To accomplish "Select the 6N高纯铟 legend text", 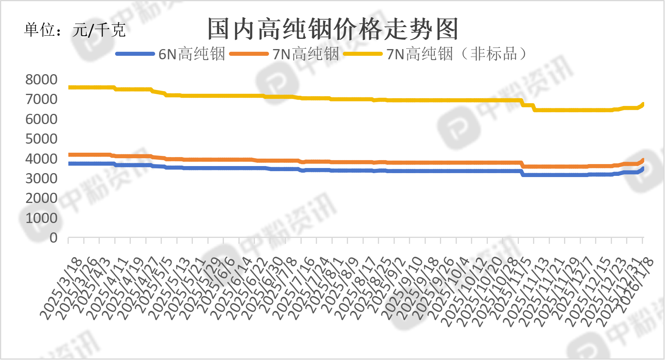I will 191,54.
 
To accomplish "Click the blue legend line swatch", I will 135,54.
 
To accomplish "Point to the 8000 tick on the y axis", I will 41,80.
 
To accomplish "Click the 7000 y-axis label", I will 41,99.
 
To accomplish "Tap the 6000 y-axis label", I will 41,119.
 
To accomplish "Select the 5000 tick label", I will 41,139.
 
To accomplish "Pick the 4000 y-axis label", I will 41,159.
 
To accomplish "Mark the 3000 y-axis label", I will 41,179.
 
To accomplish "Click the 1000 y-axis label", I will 41,218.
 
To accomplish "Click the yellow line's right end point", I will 643,104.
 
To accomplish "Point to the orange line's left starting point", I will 69,155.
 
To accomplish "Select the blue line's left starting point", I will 69,163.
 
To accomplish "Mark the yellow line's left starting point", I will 69,87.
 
